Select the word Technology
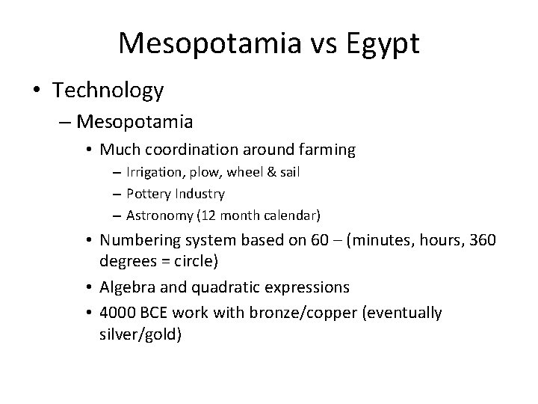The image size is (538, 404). [108, 91]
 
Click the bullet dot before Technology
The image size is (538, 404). [37, 91]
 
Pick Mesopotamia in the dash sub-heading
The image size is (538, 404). [135, 120]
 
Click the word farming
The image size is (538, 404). [330, 150]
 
